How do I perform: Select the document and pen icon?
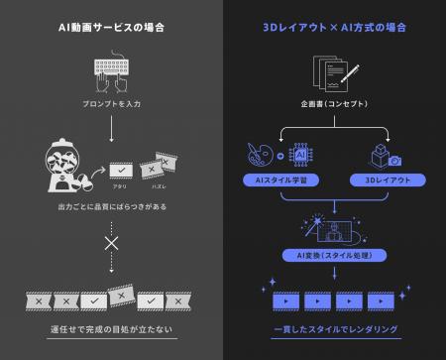tap(333, 72)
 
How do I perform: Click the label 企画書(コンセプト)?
tap(333, 103)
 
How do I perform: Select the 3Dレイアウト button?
tap(388, 180)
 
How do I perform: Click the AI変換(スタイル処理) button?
tap(333, 255)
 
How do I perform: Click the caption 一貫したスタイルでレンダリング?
tap(333, 326)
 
